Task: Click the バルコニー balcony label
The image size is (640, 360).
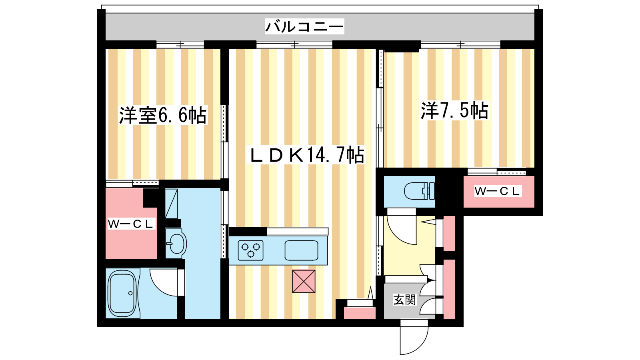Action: click(304, 26)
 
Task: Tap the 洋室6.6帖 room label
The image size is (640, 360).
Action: click(163, 115)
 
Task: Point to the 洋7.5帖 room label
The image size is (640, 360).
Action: click(454, 110)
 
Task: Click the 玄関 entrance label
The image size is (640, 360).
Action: click(404, 300)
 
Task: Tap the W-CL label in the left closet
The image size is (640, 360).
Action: click(131, 224)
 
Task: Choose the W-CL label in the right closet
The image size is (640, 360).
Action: click(497, 191)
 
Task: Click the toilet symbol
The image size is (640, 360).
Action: click(420, 191)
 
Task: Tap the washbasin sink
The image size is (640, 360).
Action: click(176, 244)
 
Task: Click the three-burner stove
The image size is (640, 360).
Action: click(250, 250)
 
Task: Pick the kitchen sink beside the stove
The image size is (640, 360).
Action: click(302, 250)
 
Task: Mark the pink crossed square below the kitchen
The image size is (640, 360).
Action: click(304, 282)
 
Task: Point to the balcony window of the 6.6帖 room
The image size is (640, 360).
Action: click(180, 45)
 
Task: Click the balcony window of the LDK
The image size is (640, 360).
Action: click(294, 45)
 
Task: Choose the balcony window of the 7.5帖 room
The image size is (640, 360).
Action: click(460, 45)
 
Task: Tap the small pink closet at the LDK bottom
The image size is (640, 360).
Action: click(360, 313)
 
